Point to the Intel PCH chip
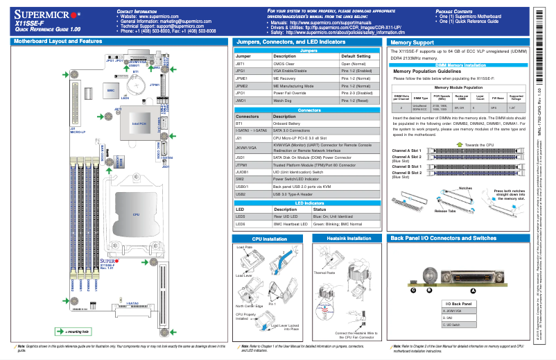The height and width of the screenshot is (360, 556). click(130, 124)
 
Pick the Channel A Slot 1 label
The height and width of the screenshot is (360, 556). click(406, 150)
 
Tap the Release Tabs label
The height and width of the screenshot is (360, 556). click(445, 210)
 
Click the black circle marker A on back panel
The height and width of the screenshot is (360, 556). click(474, 291)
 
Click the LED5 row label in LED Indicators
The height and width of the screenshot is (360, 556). click(241, 216)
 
